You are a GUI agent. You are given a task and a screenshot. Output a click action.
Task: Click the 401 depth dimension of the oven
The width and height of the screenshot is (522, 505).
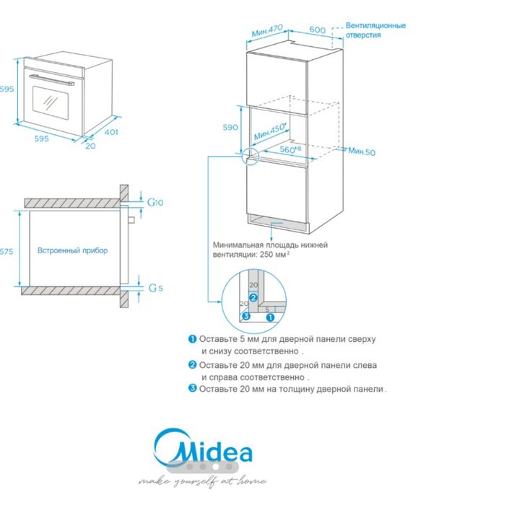(110, 132)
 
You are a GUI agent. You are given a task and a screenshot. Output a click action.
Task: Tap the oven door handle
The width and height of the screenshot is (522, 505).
(50, 79)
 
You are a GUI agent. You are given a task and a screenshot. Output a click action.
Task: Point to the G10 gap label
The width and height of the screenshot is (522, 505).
(155, 203)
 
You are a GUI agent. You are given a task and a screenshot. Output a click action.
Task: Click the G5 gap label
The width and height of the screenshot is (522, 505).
(155, 288)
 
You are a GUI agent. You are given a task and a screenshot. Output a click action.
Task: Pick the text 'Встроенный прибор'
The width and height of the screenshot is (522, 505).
(72, 250)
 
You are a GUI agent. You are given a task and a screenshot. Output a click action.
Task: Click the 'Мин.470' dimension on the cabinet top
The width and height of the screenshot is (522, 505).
(266, 31)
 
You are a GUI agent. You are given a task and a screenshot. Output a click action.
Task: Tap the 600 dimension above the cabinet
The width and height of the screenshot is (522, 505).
(317, 30)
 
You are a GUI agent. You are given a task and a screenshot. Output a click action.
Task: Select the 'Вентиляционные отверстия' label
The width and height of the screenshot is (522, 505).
(375, 30)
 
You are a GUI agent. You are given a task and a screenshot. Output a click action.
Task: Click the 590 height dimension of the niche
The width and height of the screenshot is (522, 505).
(230, 127)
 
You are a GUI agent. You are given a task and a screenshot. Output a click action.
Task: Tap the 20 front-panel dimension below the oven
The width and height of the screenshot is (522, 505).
(90, 146)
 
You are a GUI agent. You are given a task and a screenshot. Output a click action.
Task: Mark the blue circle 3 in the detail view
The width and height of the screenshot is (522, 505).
(245, 316)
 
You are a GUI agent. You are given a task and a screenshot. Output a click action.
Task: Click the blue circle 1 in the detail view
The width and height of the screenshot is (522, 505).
(270, 316)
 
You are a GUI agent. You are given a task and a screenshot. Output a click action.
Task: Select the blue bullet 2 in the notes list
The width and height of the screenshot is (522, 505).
(192, 365)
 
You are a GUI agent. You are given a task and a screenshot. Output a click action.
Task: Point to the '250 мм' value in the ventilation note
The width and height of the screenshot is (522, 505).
(277, 255)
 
